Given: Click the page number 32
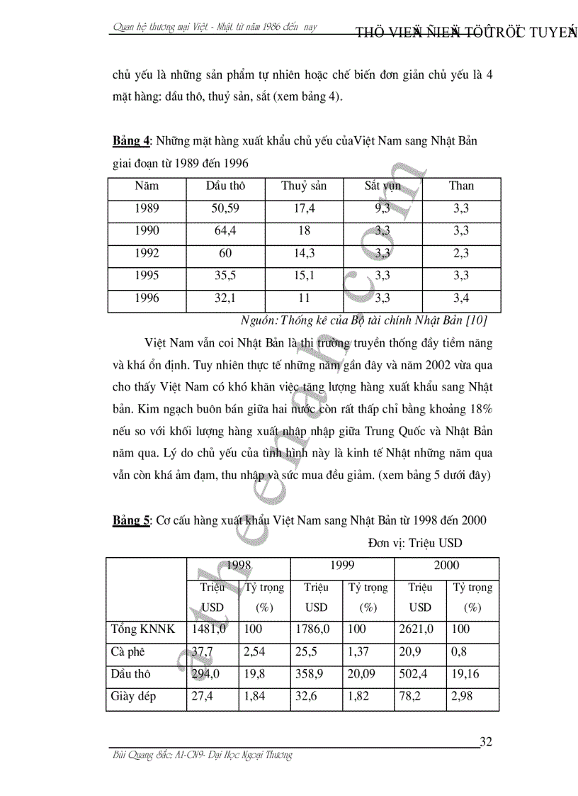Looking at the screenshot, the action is (x=486, y=742).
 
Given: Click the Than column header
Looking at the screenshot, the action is (x=461, y=186).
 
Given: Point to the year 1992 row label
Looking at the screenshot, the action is (x=146, y=254).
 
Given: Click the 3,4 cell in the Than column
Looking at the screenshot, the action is (x=461, y=298).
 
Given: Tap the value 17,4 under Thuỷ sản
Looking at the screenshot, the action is (x=304, y=208).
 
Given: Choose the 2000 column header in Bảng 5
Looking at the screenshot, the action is (x=446, y=566).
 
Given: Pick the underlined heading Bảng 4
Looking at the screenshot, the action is (x=131, y=141).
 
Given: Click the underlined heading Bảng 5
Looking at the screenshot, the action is (x=131, y=521).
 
